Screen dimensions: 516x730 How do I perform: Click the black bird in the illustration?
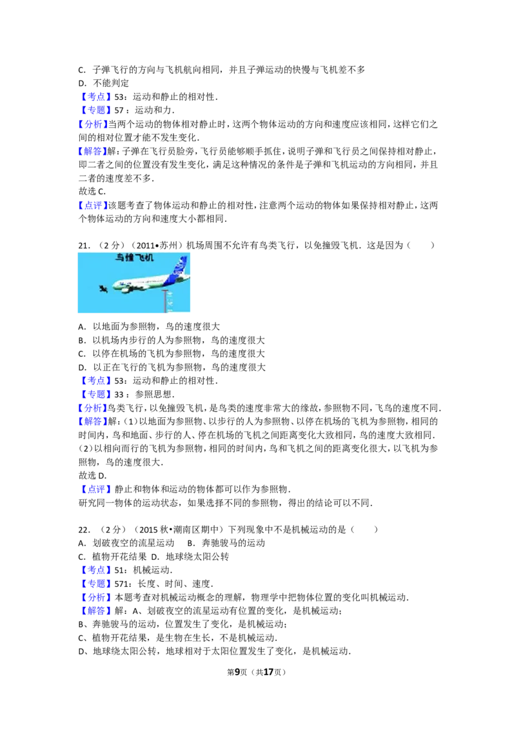(x=104, y=290)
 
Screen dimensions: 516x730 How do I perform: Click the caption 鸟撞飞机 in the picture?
(x=134, y=257)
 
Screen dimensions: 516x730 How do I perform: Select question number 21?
(x=84, y=245)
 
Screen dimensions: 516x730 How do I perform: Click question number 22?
(x=84, y=530)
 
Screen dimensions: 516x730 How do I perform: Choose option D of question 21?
(x=172, y=368)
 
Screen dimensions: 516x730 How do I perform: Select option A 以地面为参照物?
(x=149, y=327)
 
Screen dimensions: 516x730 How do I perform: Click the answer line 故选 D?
(x=93, y=476)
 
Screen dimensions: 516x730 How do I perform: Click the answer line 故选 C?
(x=92, y=192)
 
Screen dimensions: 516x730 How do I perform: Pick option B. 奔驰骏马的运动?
(x=226, y=544)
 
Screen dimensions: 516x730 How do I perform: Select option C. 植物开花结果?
(x=112, y=557)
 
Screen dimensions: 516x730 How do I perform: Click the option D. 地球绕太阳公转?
(x=190, y=557)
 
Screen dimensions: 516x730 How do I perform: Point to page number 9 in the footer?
(x=237, y=672)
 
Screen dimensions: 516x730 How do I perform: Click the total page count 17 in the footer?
(x=268, y=672)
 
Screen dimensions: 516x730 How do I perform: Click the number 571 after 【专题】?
(x=121, y=584)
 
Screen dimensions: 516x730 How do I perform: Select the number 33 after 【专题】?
(x=119, y=394)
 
